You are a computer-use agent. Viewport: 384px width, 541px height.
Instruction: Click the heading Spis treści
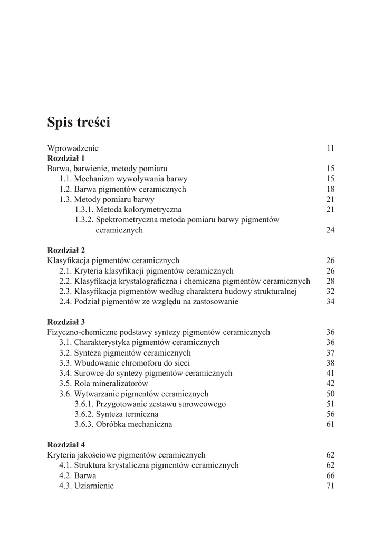79,123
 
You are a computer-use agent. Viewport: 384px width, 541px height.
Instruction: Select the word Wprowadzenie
73,148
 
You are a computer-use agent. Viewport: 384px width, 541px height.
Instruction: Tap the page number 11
331,148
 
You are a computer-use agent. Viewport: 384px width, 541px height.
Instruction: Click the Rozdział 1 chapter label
66,158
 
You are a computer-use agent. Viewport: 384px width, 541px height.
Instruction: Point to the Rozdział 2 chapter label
66,250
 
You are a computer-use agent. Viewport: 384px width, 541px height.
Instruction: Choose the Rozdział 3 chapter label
66,322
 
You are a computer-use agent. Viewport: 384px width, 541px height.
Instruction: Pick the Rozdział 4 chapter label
66,444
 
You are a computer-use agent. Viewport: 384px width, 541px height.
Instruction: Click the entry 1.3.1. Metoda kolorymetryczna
128,210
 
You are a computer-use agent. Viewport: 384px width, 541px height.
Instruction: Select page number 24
331,230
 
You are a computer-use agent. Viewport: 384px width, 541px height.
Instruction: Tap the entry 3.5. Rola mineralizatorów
103,383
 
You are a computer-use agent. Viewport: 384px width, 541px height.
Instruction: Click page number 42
331,383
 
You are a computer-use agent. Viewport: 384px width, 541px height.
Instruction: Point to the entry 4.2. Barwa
74,475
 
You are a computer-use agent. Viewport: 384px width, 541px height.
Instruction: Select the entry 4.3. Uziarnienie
86,486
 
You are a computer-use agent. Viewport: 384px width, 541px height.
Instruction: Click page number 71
331,486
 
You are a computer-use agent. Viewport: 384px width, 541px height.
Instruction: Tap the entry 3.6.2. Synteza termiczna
116,414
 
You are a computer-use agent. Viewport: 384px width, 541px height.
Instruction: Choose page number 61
331,424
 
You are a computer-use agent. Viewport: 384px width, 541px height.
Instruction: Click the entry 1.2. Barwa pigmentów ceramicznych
122,189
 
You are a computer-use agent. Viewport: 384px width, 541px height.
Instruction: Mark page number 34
331,302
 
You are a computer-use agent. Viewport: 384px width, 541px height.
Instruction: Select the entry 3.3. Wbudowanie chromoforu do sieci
124,363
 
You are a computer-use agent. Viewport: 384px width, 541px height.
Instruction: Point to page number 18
331,189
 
